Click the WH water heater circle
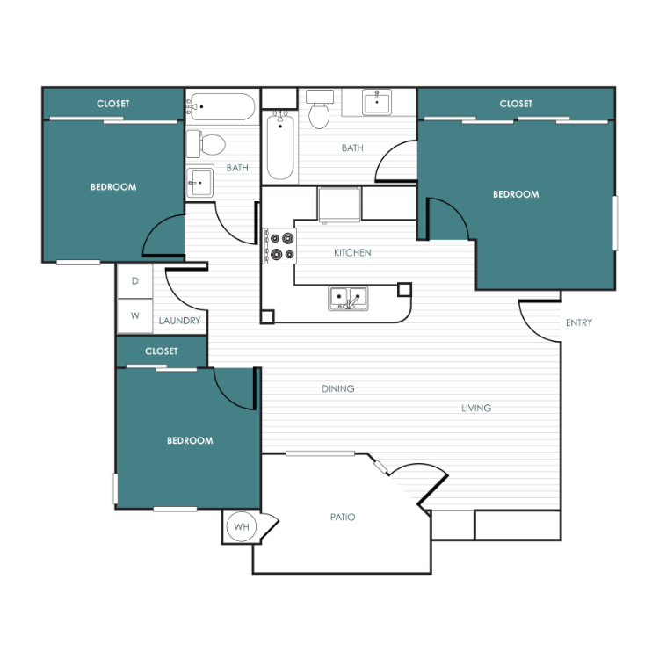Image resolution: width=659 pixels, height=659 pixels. pyautogui.click(x=241, y=526)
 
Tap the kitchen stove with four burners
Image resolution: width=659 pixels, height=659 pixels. pyautogui.click(x=280, y=246)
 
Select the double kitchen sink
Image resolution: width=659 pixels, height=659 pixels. pyautogui.click(x=348, y=298)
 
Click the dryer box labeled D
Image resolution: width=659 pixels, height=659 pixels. pyautogui.click(x=135, y=281)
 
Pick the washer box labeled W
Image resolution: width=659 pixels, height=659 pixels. pyautogui.click(x=135, y=316)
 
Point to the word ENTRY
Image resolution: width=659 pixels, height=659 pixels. pyautogui.click(x=579, y=322)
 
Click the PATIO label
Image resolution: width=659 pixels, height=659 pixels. pyautogui.click(x=343, y=517)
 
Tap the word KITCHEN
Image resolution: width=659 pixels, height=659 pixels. pyautogui.click(x=352, y=252)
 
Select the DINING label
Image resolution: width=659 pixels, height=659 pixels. pyautogui.click(x=338, y=388)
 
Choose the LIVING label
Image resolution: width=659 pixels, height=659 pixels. pyautogui.click(x=476, y=408)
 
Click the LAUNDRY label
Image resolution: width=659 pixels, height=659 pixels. pyautogui.click(x=179, y=321)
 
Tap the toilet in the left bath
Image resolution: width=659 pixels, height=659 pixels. pyautogui.click(x=206, y=144)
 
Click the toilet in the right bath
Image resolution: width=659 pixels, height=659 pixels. pyautogui.click(x=320, y=109)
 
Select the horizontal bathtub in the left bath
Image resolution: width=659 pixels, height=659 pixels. pyautogui.click(x=221, y=106)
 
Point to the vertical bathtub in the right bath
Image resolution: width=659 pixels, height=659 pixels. pyautogui.click(x=280, y=145)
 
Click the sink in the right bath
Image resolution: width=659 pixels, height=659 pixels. pyautogui.click(x=377, y=102)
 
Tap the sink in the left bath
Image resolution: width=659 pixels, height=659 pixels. pyautogui.click(x=199, y=183)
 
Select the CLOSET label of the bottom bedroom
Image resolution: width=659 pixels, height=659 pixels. pyautogui.click(x=162, y=351)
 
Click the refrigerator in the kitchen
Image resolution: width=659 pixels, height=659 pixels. pyautogui.click(x=339, y=204)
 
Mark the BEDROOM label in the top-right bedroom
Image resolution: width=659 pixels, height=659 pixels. pyautogui.click(x=516, y=194)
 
